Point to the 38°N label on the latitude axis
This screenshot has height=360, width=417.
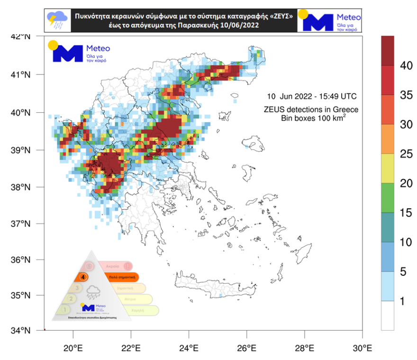tap(22, 187)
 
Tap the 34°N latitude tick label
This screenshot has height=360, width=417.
tap(22, 330)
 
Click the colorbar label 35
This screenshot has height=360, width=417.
tap(406, 95)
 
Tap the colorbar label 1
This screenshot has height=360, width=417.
tap(402, 301)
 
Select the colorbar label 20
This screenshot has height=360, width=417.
tap(406, 184)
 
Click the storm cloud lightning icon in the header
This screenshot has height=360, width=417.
tap(58, 20)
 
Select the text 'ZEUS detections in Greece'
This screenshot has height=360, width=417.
tap(311, 110)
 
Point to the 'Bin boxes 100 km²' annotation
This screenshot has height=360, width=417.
tap(313, 118)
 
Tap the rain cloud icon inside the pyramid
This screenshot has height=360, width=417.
tap(92, 290)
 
